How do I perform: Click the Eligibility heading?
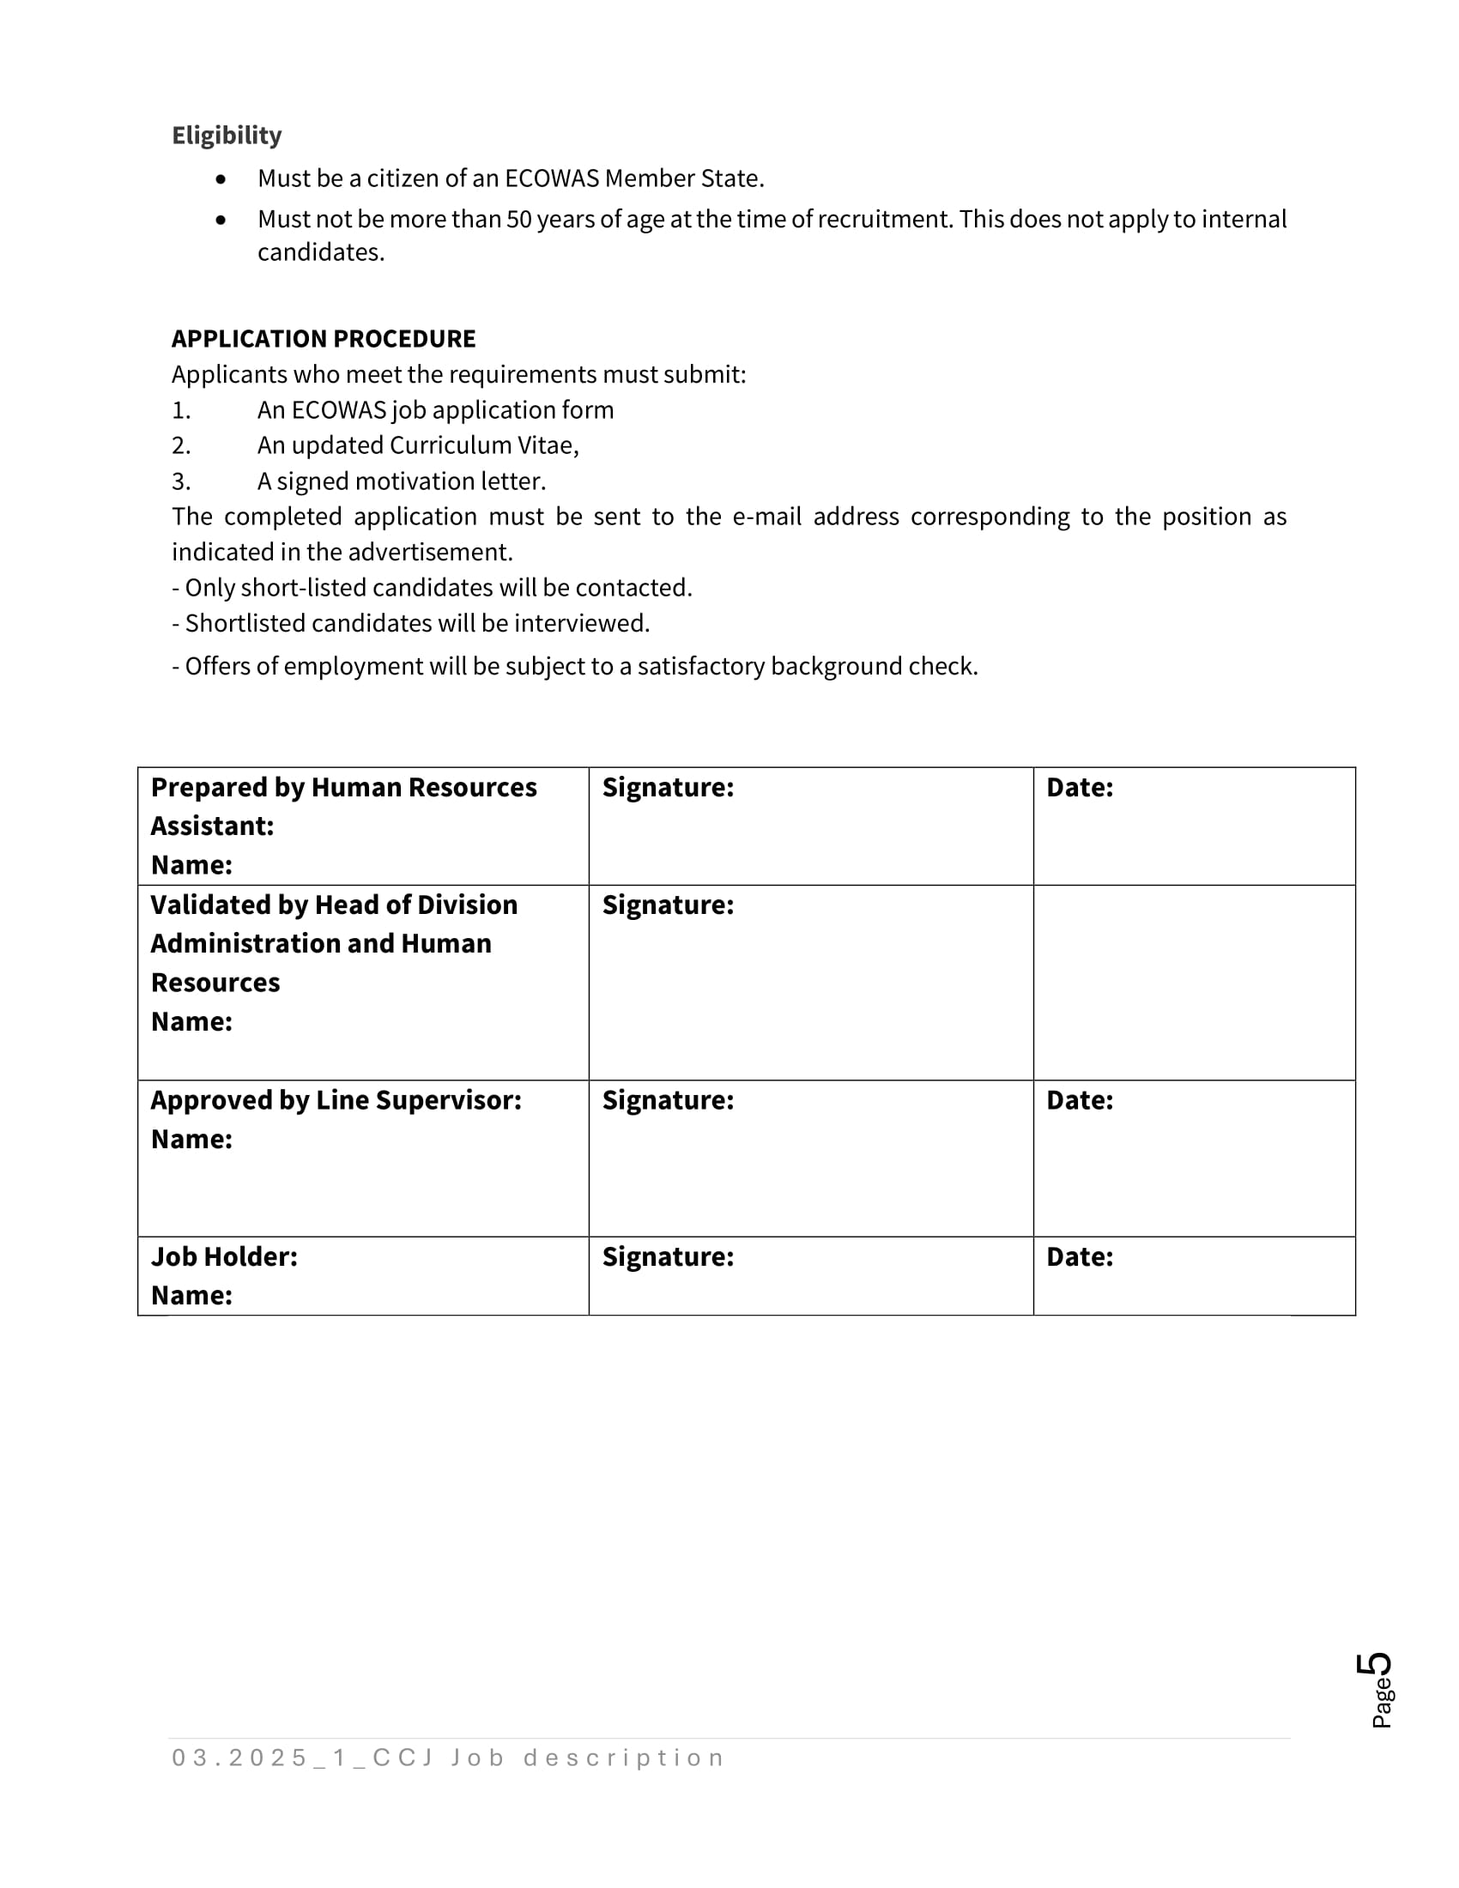click(x=227, y=136)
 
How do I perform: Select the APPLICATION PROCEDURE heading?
click(x=324, y=339)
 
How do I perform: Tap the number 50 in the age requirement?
click(x=518, y=220)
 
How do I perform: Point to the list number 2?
click(x=180, y=446)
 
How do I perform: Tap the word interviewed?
click(x=581, y=624)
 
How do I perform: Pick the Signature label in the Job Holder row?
click(x=667, y=1257)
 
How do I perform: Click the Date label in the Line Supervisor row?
click(x=1080, y=1100)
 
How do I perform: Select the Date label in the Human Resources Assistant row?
click(x=1080, y=788)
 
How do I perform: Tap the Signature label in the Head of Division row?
click(x=667, y=905)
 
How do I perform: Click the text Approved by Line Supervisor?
click(x=336, y=1100)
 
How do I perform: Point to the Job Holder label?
click(x=224, y=1257)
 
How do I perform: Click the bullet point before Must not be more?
click(x=221, y=221)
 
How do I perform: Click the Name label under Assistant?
click(x=191, y=865)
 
